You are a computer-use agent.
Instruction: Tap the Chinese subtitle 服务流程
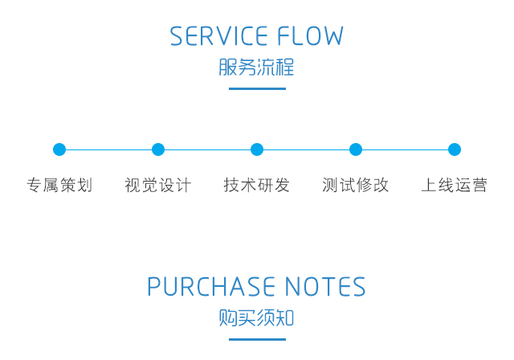coord(257,67)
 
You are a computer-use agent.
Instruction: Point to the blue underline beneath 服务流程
coord(257,88)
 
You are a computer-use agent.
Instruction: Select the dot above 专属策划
coord(59,149)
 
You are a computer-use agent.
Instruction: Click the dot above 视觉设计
coord(158,149)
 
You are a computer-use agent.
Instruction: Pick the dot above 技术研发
coord(257,149)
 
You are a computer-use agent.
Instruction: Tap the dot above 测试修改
coord(356,149)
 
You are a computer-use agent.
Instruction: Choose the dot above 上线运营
coord(455,149)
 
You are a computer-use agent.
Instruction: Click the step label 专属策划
coord(59,186)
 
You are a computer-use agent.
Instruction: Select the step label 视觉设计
coord(158,186)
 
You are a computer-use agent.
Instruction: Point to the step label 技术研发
coord(257,186)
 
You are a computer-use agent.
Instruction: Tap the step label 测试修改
coord(356,186)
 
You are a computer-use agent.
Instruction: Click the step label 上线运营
coord(455,186)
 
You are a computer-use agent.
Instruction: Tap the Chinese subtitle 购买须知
coord(257,317)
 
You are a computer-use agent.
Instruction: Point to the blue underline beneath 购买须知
coord(257,339)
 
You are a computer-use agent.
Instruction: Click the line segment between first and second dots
coord(108,149)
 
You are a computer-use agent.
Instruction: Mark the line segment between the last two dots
coord(406,149)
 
